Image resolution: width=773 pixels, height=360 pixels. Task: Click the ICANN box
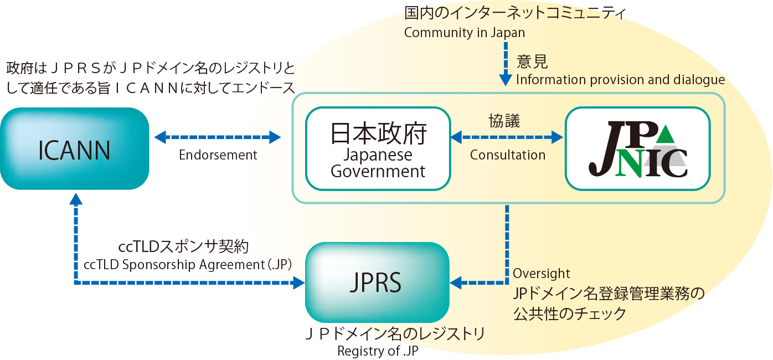[x=75, y=148]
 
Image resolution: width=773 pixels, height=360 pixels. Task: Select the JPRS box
[x=377, y=282]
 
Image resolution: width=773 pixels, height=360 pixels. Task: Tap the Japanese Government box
[x=378, y=148]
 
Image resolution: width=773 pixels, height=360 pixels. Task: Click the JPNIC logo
[x=638, y=149]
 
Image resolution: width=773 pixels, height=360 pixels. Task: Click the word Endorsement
[x=218, y=155]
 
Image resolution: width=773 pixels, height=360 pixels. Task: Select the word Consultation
[x=508, y=155]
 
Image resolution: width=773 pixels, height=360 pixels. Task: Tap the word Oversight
[x=541, y=274]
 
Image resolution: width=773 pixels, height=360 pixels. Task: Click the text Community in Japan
[x=465, y=33]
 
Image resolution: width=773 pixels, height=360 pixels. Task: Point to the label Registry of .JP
[x=378, y=351]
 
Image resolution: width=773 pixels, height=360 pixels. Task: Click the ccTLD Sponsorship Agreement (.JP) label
[x=188, y=265]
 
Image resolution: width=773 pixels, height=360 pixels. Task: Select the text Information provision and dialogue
[x=620, y=80]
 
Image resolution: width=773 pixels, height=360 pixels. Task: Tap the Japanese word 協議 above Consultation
[x=504, y=121]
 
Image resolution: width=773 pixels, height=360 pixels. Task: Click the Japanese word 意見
[x=532, y=61]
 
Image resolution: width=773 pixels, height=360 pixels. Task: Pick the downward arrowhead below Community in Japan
[x=506, y=80]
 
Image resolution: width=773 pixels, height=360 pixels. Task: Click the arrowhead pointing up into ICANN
[x=76, y=199]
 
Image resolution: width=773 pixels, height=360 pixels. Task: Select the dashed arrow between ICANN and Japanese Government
[x=218, y=137]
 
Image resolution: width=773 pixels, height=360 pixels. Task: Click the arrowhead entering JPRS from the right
[x=456, y=282]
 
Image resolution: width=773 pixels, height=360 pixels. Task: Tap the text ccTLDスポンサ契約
[x=183, y=246]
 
